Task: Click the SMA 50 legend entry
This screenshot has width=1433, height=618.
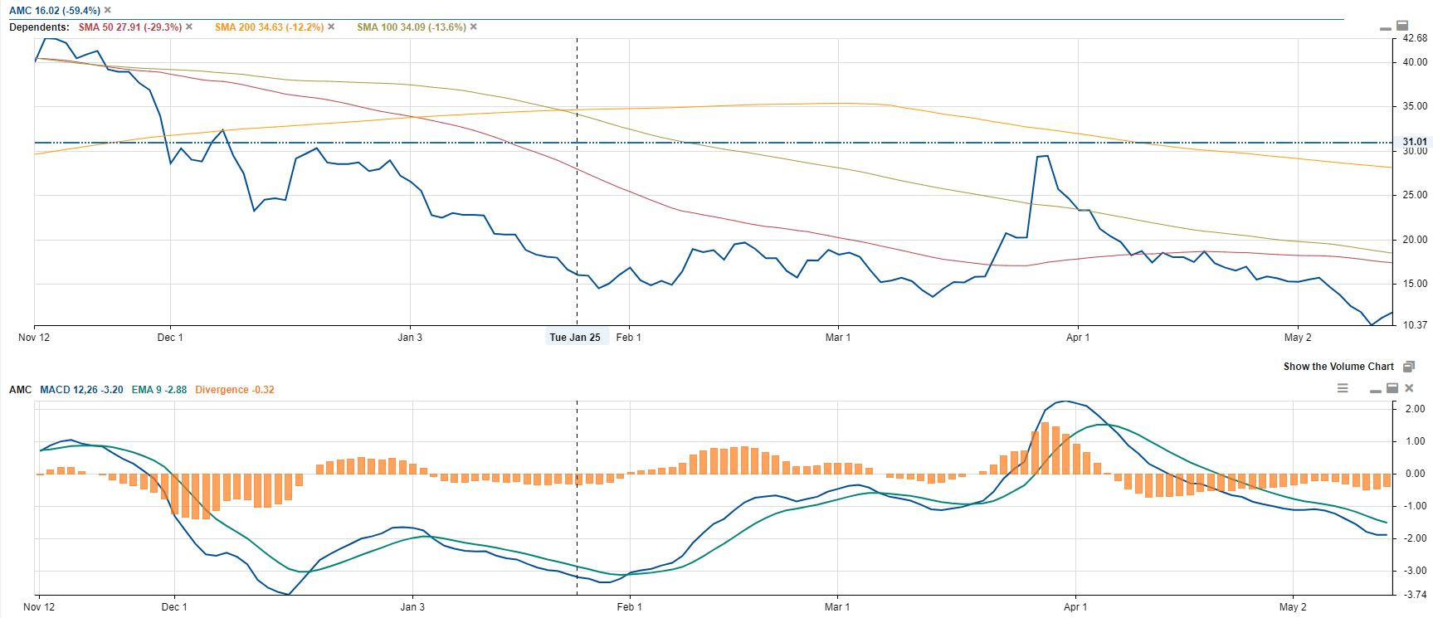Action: coord(129,27)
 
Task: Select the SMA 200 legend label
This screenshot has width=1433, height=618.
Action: coord(269,27)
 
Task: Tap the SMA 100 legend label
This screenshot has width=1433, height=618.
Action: coord(411,27)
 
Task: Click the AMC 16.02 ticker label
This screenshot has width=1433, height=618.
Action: coord(55,11)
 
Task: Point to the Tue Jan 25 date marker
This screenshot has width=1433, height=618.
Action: coord(575,338)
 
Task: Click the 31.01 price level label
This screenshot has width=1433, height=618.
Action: coord(1414,142)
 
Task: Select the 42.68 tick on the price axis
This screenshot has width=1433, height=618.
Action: coord(1414,38)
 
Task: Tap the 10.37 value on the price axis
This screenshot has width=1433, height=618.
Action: coord(1414,325)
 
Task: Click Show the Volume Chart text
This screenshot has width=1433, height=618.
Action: coord(1338,367)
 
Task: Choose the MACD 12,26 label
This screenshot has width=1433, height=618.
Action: coord(81,389)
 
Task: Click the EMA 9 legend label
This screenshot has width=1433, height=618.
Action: coord(158,389)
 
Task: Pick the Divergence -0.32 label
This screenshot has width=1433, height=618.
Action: coord(235,389)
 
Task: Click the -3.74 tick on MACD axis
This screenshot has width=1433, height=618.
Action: coord(1414,594)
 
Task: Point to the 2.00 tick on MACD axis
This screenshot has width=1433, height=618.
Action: coord(1414,409)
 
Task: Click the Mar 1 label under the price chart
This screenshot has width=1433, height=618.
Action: coord(838,338)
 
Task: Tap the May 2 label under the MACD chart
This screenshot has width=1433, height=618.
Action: coord(1293,607)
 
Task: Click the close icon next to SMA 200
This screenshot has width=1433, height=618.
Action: coord(332,27)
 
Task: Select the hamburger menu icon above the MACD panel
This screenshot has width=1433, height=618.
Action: coord(1343,388)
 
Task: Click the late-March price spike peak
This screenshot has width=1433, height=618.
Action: coord(1046,156)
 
